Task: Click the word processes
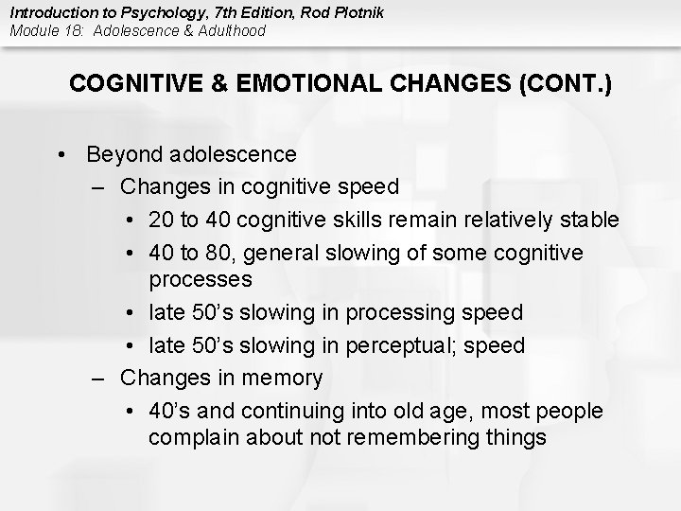pos(201,280)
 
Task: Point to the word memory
pos(283,379)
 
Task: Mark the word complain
pos(192,438)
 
